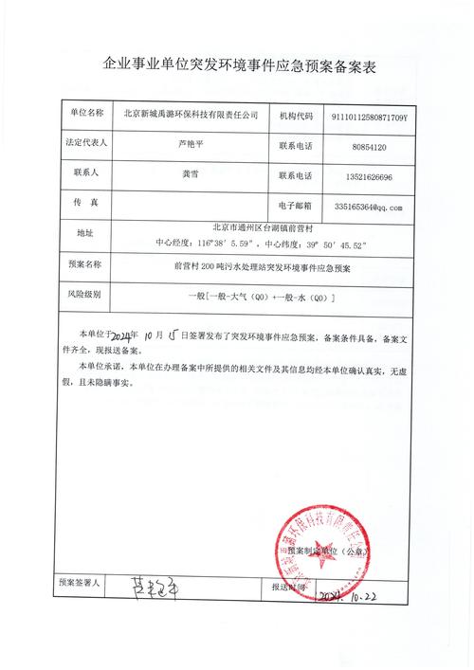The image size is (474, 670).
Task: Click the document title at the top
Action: [237, 64]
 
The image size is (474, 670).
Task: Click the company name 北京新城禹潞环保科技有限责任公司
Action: [191, 118]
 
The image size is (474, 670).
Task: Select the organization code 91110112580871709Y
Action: [368, 118]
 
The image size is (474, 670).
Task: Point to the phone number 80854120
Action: [369, 147]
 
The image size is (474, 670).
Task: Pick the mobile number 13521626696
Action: [369, 176]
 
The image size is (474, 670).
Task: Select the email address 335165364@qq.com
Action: [369, 206]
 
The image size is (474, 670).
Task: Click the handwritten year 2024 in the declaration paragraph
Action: [123, 336]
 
